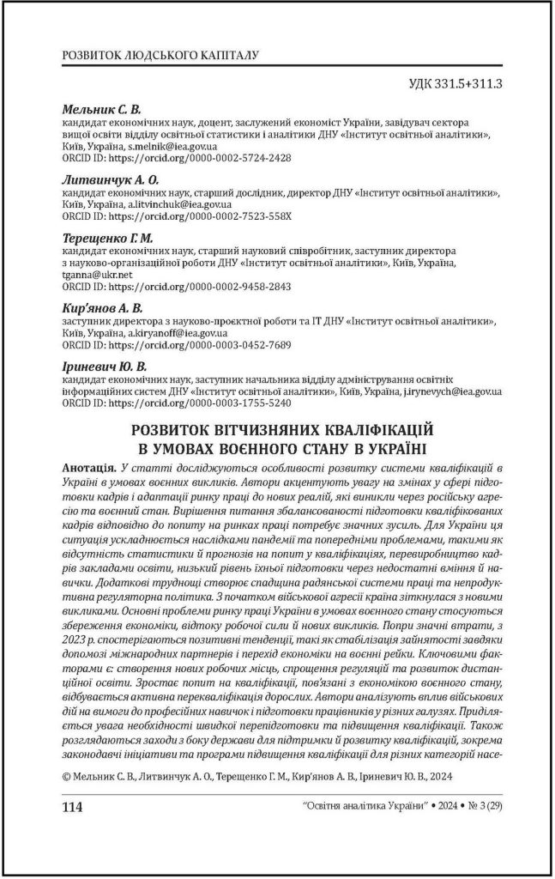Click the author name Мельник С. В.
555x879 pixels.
(x=101, y=111)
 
